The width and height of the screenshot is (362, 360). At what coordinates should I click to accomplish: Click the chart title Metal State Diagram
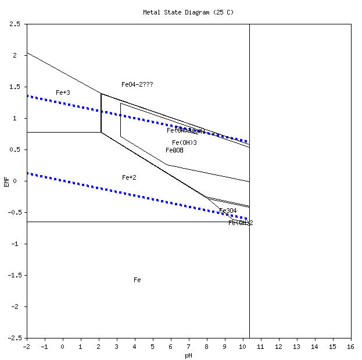click(x=188, y=12)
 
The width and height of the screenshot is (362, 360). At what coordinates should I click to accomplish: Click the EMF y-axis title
click(x=6, y=181)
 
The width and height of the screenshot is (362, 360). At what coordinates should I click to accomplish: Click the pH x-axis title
click(x=188, y=355)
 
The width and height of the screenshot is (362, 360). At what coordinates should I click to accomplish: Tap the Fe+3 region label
click(x=63, y=92)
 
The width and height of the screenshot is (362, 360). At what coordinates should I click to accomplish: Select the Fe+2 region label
click(x=129, y=177)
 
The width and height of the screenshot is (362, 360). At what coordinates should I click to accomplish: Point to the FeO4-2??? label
click(x=137, y=84)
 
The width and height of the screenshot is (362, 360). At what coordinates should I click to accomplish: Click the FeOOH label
click(x=174, y=150)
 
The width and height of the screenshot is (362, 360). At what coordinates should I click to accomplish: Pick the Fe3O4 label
click(x=228, y=211)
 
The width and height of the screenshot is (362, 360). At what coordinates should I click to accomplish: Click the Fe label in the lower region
click(x=137, y=280)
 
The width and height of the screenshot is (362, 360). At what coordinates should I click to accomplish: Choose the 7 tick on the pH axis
click(x=189, y=347)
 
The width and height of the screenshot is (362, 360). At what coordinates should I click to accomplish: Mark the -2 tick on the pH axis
click(x=26, y=347)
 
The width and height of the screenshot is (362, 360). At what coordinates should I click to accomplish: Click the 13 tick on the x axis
click(x=296, y=347)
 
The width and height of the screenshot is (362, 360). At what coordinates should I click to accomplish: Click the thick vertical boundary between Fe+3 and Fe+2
click(x=101, y=113)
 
